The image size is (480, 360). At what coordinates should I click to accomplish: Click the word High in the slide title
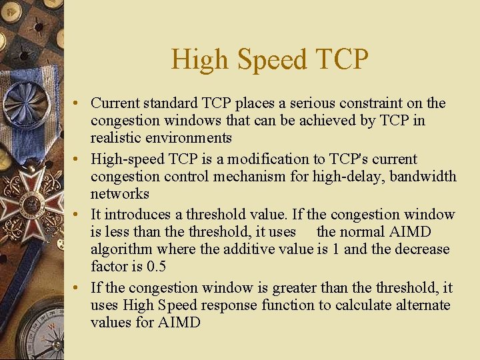(198, 60)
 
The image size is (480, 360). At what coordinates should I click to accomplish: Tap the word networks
(120, 194)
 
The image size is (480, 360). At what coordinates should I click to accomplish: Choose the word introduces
(136, 215)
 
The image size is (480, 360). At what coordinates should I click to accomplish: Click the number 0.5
(155, 267)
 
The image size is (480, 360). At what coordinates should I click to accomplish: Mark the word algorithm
(122, 249)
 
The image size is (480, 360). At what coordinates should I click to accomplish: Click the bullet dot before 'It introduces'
(78, 215)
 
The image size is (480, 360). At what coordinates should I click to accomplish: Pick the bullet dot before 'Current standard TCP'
(78, 104)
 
